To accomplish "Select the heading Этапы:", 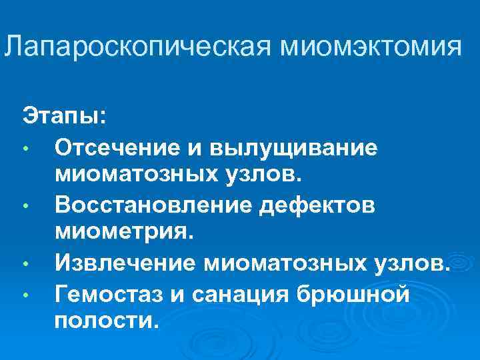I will [x=64, y=114].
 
